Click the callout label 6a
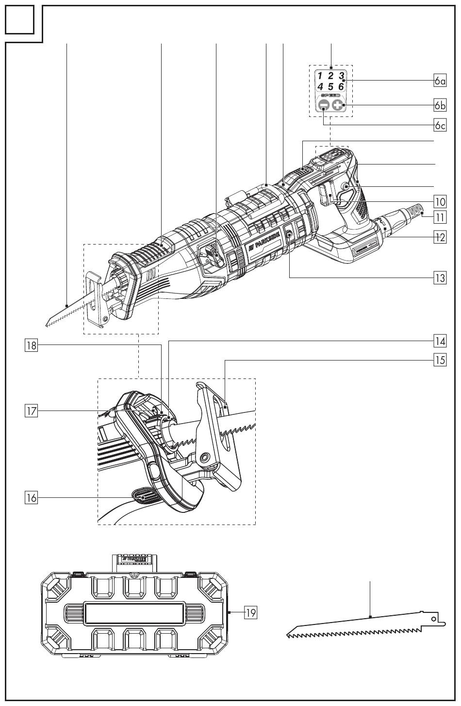point(440,81)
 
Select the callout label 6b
point(440,105)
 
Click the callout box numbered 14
point(440,341)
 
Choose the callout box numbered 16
point(31,497)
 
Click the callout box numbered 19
point(250,612)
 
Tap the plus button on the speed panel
point(338,105)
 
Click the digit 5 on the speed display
point(330,86)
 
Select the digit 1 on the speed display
point(320,76)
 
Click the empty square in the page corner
point(20,20)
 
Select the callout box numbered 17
point(31,411)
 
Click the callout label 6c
point(440,126)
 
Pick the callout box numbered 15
point(440,361)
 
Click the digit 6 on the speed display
point(341,86)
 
